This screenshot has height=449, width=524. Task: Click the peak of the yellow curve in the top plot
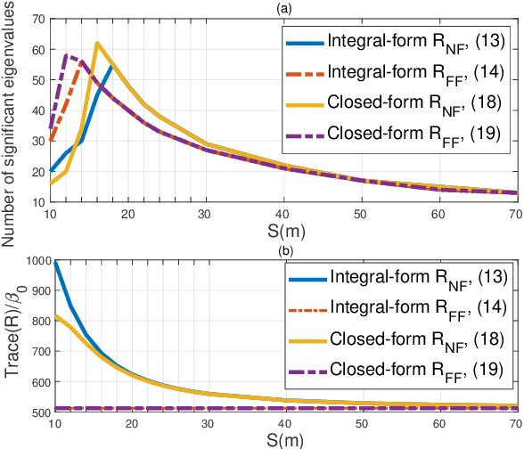pos(97,43)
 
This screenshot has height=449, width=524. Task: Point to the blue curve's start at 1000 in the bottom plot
pos(54,261)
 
